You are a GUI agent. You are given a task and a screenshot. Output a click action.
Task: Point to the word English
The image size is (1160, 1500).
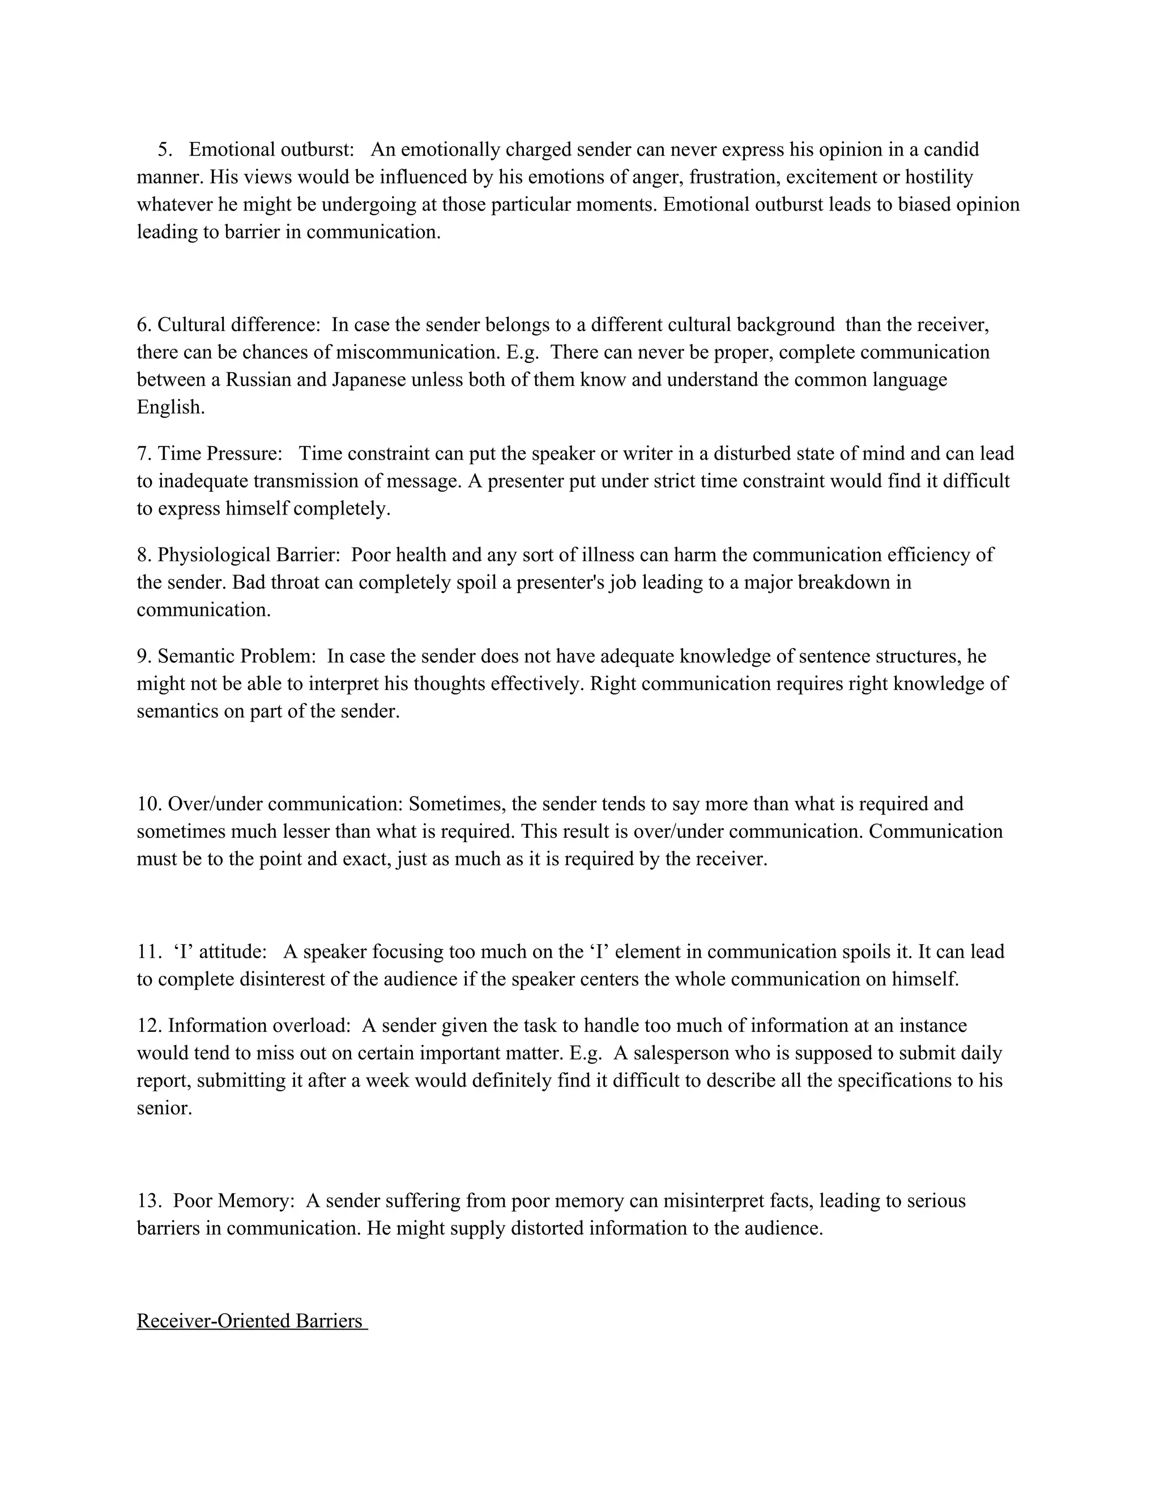[x=170, y=408]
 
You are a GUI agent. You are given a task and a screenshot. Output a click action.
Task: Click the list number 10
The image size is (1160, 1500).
[x=149, y=804]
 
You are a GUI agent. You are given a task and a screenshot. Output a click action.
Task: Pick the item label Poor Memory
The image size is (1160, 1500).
[x=234, y=1201]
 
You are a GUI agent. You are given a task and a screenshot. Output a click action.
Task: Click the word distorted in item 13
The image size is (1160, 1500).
[x=547, y=1228]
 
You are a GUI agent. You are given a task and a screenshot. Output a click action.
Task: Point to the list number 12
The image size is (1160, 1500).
[x=149, y=1026]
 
